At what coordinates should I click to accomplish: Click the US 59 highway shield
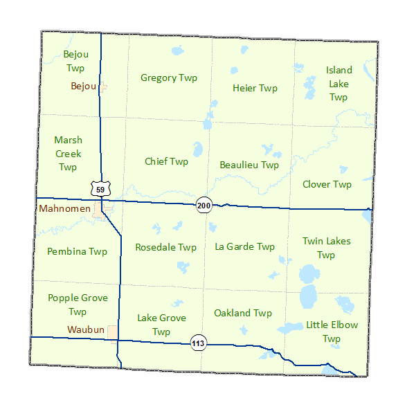[100, 188]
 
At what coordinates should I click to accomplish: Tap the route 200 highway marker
[203, 206]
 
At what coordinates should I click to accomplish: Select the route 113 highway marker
[198, 342]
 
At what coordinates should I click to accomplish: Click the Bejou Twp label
[75, 61]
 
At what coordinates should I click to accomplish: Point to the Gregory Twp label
[169, 78]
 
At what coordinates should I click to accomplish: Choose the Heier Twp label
[255, 88]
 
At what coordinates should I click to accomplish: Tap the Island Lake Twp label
[338, 84]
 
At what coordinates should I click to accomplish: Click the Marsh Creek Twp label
[68, 154]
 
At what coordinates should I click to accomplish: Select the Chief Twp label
[166, 161]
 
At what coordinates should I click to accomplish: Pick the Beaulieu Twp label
[248, 165]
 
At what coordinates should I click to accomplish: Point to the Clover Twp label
[327, 184]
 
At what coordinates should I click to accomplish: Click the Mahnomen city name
[65, 208]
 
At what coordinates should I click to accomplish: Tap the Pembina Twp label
[77, 251]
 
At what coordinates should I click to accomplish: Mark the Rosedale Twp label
[165, 247]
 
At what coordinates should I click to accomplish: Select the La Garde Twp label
[244, 246]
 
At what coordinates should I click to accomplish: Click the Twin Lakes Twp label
[326, 248]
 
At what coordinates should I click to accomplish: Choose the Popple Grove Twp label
[78, 305]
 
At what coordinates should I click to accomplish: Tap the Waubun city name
[85, 330]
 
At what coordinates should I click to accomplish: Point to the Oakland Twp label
[242, 313]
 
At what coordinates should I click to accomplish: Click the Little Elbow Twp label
[332, 332]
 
